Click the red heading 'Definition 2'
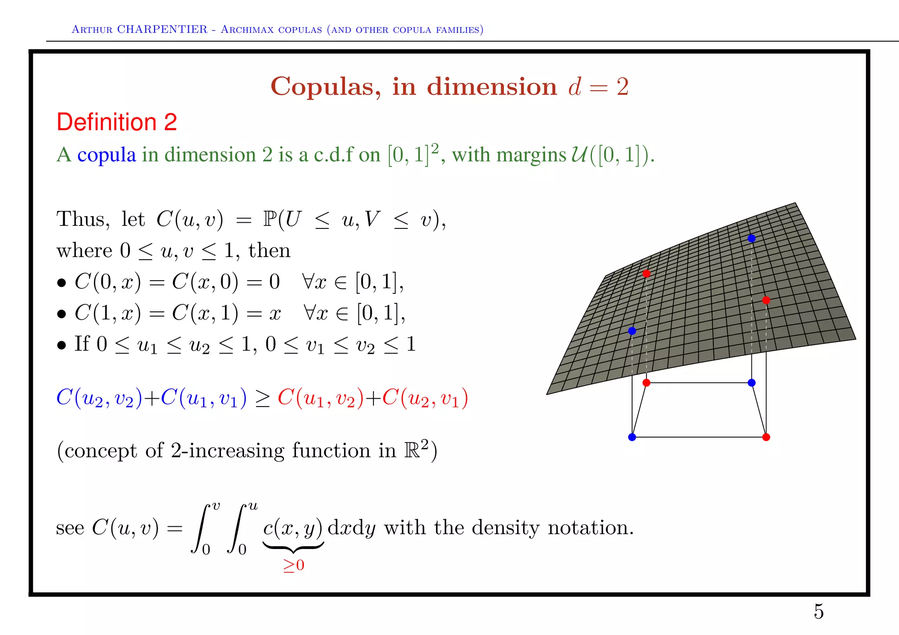click(x=117, y=122)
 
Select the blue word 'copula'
click(x=107, y=155)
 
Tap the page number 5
click(x=819, y=611)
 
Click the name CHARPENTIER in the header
click(x=162, y=29)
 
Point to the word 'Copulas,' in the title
click(x=325, y=86)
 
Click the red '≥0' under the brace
click(x=294, y=565)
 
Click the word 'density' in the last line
click(x=505, y=528)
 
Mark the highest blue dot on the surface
click(x=752, y=239)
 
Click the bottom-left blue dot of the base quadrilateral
click(x=632, y=437)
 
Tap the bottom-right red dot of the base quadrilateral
click(x=766, y=437)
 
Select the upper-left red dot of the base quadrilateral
click(x=646, y=383)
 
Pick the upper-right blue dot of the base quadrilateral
click(x=752, y=383)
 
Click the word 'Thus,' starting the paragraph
click(x=83, y=219)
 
